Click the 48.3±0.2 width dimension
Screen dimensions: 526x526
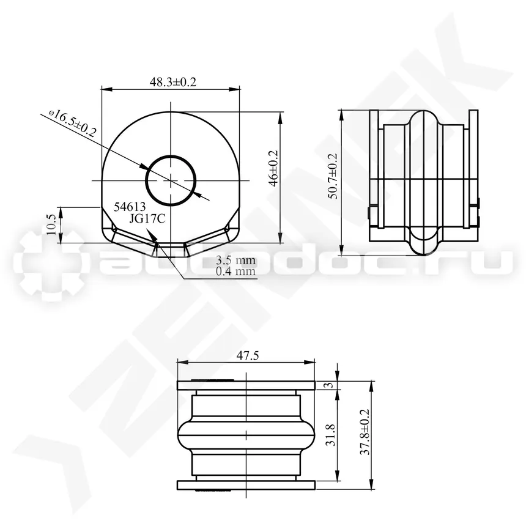click(172, 82)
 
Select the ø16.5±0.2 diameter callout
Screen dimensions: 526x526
click(72, 123)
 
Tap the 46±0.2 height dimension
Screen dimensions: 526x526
click(274, 168)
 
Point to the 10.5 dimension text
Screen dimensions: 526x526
click(51, 224)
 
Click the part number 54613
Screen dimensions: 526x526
click(130, 207)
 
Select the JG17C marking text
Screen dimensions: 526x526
click(147, 219)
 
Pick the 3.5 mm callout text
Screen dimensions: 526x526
click(235, 260)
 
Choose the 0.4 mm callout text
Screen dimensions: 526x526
click(235, 271)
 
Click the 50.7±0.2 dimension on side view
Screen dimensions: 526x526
click(334, 176)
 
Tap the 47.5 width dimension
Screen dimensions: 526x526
click(248, 355)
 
